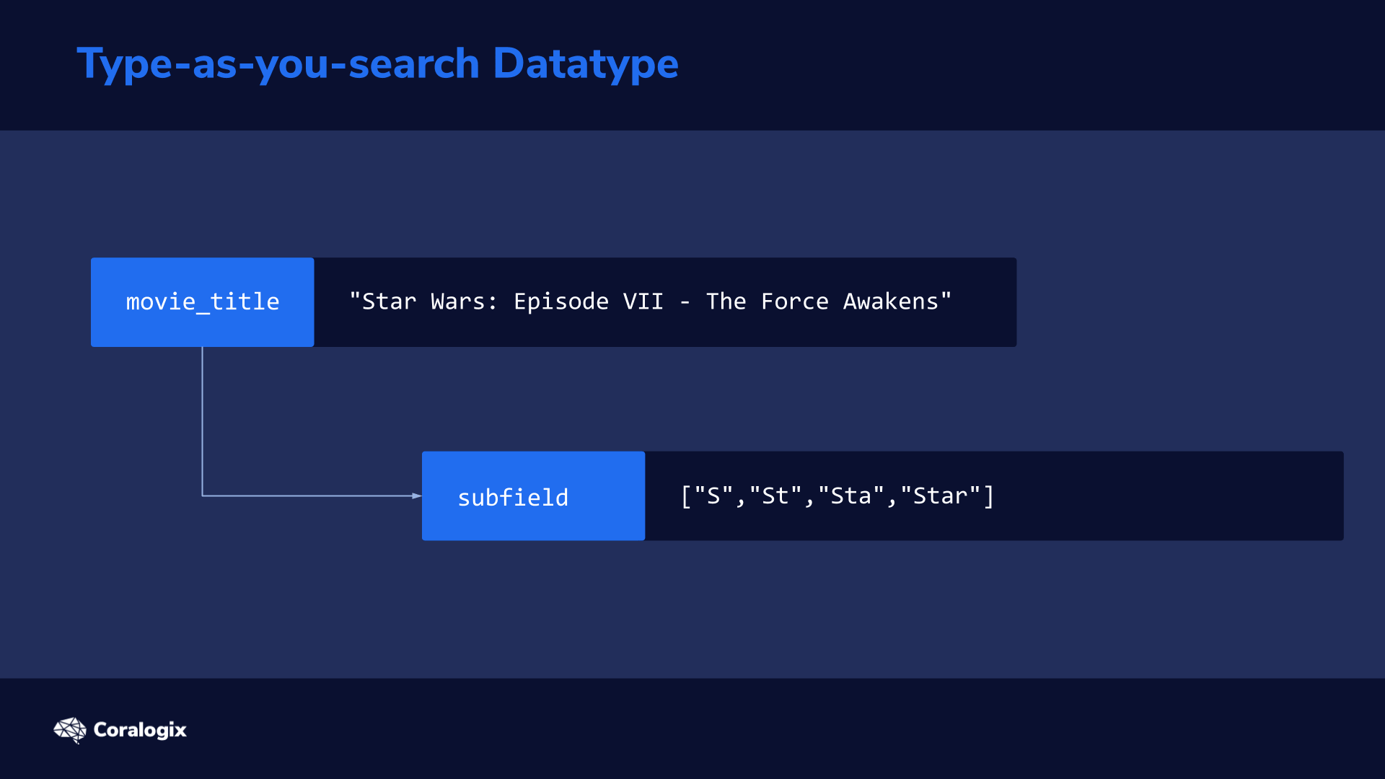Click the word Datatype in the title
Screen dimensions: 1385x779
(585, 63)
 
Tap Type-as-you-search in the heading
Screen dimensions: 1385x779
(278, 63)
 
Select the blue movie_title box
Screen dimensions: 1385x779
(203, 302)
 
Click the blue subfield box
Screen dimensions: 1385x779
(534, 496)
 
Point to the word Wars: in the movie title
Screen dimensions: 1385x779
(464, 302)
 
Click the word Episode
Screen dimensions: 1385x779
(561, 302)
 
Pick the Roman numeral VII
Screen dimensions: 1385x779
(643, 302)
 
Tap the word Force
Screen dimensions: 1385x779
(795, 302)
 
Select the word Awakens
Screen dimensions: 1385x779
(891, 302)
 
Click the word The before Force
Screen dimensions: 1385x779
(726, 302)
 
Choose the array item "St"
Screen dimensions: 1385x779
(775, 496)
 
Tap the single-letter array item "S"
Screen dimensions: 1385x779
(714, 496)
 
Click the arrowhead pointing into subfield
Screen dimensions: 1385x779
(417, 496)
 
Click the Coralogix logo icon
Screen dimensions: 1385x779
(70, 730)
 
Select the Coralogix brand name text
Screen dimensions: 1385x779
(140, 730)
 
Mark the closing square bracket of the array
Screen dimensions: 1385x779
(989, 496)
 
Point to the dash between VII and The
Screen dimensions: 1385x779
(685, 303)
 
